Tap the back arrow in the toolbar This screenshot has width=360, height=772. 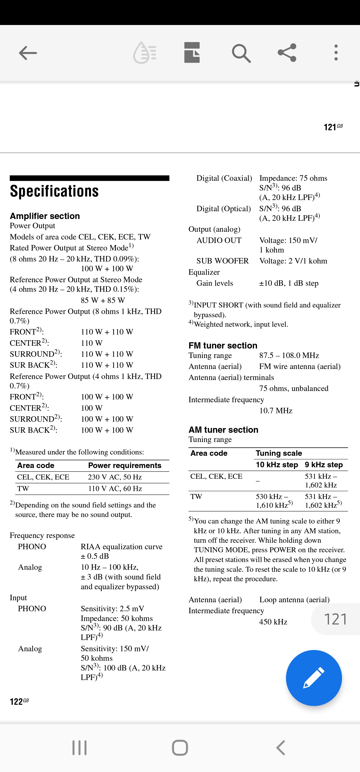pos(28,53)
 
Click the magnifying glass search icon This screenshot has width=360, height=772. pos(241,53)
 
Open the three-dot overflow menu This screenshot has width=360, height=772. pos(336,53)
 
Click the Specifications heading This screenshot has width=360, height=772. pos(54,191)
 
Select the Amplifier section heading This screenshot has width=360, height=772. pos(45,216)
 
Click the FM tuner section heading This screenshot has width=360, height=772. pos(223,345)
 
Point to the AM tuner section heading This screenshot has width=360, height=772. pos(223,429)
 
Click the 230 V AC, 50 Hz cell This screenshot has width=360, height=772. pos(115,477)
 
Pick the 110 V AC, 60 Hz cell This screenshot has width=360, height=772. pos(115,488)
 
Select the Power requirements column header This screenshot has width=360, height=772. pos(125,465)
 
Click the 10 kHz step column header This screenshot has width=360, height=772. pos(277,464)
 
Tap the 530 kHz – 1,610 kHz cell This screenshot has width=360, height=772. pos(274,501)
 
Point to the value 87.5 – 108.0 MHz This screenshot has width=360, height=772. pos(289,355)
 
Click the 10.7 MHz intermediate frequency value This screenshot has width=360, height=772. pos(276,410)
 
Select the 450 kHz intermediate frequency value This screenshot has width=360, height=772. pos(273,622)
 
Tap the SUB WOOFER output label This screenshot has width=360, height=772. pos(222,261)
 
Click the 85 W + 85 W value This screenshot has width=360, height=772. pos(103,300)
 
